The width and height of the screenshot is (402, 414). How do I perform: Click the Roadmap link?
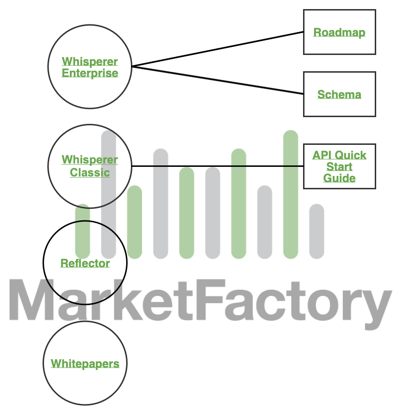point(339,33)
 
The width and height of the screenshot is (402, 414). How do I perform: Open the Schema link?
point(339,94)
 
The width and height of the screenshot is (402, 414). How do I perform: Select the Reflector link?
point(85,263)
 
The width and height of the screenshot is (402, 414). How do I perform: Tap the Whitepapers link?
point(85,364)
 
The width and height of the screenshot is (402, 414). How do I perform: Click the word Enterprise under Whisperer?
point(90,73)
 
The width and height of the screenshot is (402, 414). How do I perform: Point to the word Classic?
point(90,173)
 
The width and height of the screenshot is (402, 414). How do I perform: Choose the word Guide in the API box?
point(339,178)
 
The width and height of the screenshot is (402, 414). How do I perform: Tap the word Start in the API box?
point(339,167)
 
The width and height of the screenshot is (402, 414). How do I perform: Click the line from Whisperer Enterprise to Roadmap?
point(217,49)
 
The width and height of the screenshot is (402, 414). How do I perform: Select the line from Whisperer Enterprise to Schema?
point(217,80)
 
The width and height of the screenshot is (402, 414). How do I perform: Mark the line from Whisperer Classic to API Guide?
point(217,166)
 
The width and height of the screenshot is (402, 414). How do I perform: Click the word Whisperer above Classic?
point(90,160)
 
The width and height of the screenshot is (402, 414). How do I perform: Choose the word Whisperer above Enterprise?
point(90,62)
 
